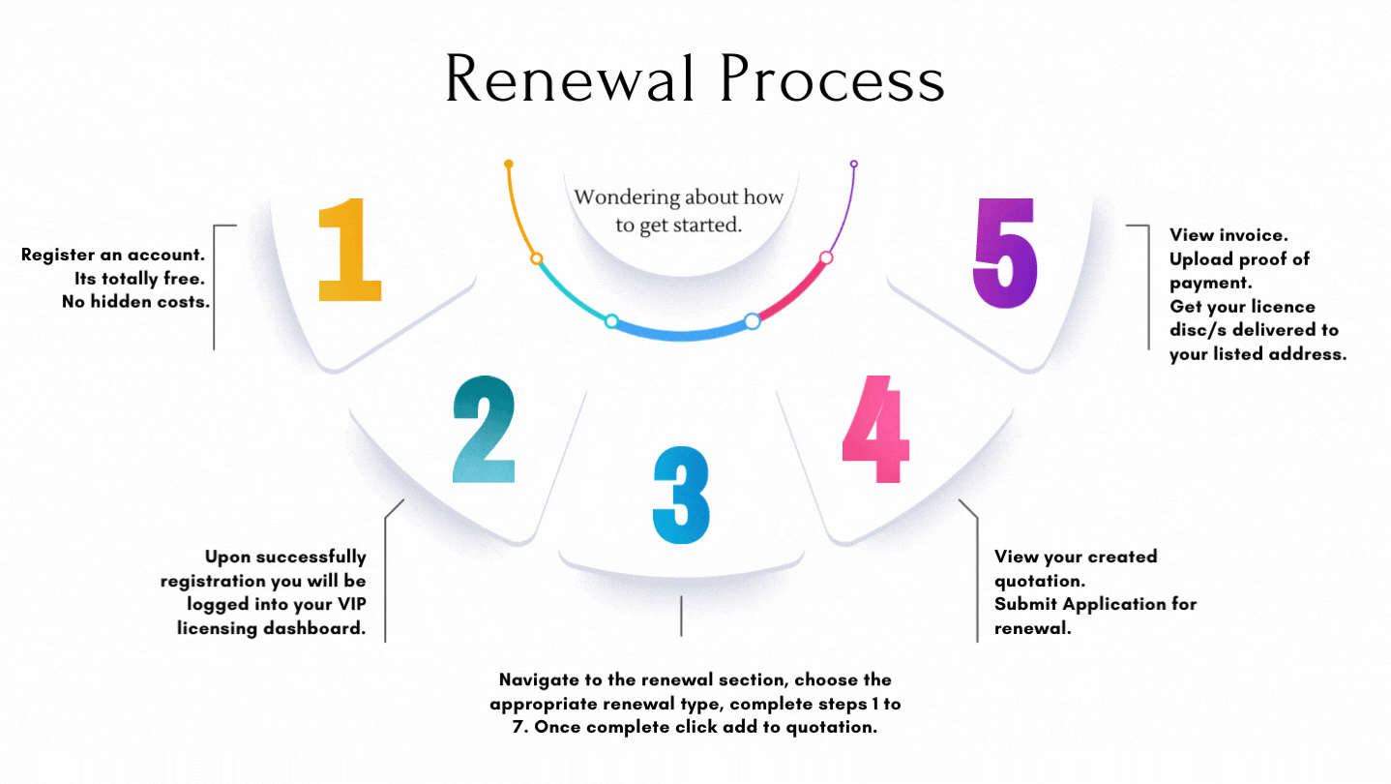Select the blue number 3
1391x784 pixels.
point(681,496)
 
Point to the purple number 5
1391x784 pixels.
point(1005,253)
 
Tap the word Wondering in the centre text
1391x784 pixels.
point(627,197)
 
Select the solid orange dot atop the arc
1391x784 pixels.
point(509,165)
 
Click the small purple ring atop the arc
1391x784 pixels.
point(853,165)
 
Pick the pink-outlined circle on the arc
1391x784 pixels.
point(826,257)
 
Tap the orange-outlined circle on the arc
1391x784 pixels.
point(536,258)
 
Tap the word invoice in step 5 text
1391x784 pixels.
point(1253,234)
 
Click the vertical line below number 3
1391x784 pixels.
point(681,616)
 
